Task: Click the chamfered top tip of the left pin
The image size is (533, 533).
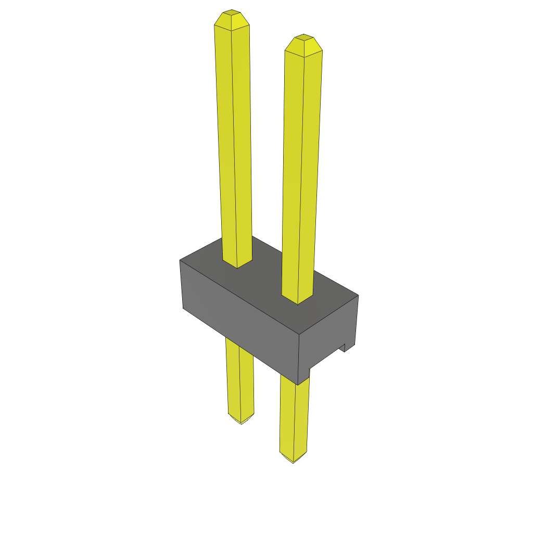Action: point(232,19)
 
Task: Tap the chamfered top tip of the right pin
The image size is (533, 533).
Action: point(303,45)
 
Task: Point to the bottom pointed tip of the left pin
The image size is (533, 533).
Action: point(240,420)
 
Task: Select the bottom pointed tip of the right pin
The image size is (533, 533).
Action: point(293,459)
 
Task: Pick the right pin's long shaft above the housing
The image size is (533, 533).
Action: point(301,172)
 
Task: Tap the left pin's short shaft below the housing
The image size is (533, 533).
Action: point(239,375)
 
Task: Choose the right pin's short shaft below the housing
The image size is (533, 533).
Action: point(294,416)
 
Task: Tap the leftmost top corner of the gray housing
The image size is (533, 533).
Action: point(180,260)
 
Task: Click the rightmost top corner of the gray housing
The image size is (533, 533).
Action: point(358,295)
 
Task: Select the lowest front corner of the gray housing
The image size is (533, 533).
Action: point(298,385)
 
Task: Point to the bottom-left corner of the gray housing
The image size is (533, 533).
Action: point(183,308)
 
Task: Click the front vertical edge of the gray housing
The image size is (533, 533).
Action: point(299,359)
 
